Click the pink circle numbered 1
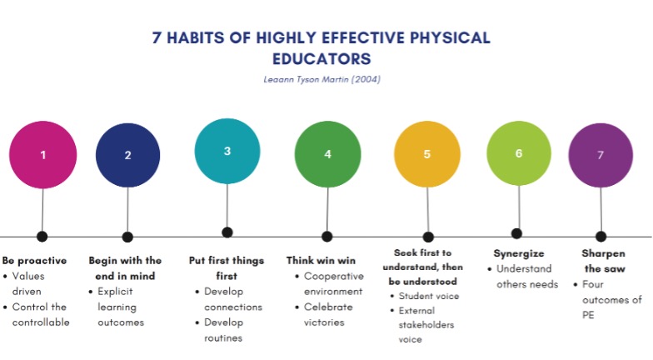point(43,155)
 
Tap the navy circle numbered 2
point(128,155)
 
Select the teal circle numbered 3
point(227,152)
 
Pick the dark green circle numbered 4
point(328,154)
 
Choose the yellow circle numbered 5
point(427,154)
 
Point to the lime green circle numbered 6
point(519,153)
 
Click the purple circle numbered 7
point(601,155)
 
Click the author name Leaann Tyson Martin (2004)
point(322,79)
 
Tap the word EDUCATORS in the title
point(322,58)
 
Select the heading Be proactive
point(34,261)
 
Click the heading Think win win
point(321,261)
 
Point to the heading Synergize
point(519,253)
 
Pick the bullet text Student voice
point(429,297)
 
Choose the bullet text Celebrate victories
point(328,315)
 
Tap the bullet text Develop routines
point(223,330)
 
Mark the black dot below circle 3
point(227,232)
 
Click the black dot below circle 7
point(601,237)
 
